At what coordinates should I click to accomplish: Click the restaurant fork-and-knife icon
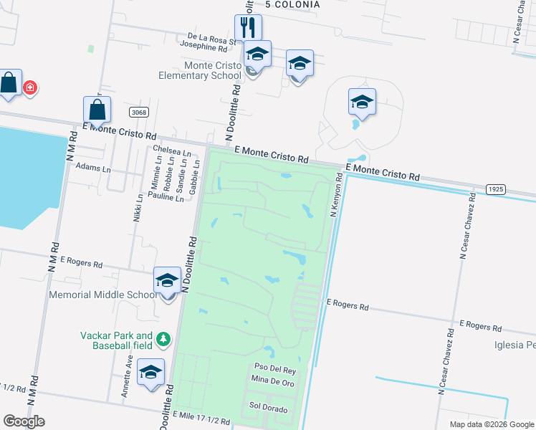click(248, 28)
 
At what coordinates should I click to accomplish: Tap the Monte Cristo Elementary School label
click(213, 70)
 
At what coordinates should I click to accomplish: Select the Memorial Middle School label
click(102, 295)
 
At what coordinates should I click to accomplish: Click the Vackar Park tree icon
click(164, 338)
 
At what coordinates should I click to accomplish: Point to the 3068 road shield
click(140, 113)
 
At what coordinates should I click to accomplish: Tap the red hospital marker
click(31, 88)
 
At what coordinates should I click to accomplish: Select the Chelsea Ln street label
click(172, 150)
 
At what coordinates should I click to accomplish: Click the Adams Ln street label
click(93, 169)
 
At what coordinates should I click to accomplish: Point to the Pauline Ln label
click(166, 195)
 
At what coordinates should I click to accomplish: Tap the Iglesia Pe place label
click(515, 345)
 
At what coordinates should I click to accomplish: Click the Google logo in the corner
click(24, 421)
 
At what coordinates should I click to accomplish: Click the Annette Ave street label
click(127, 380)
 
